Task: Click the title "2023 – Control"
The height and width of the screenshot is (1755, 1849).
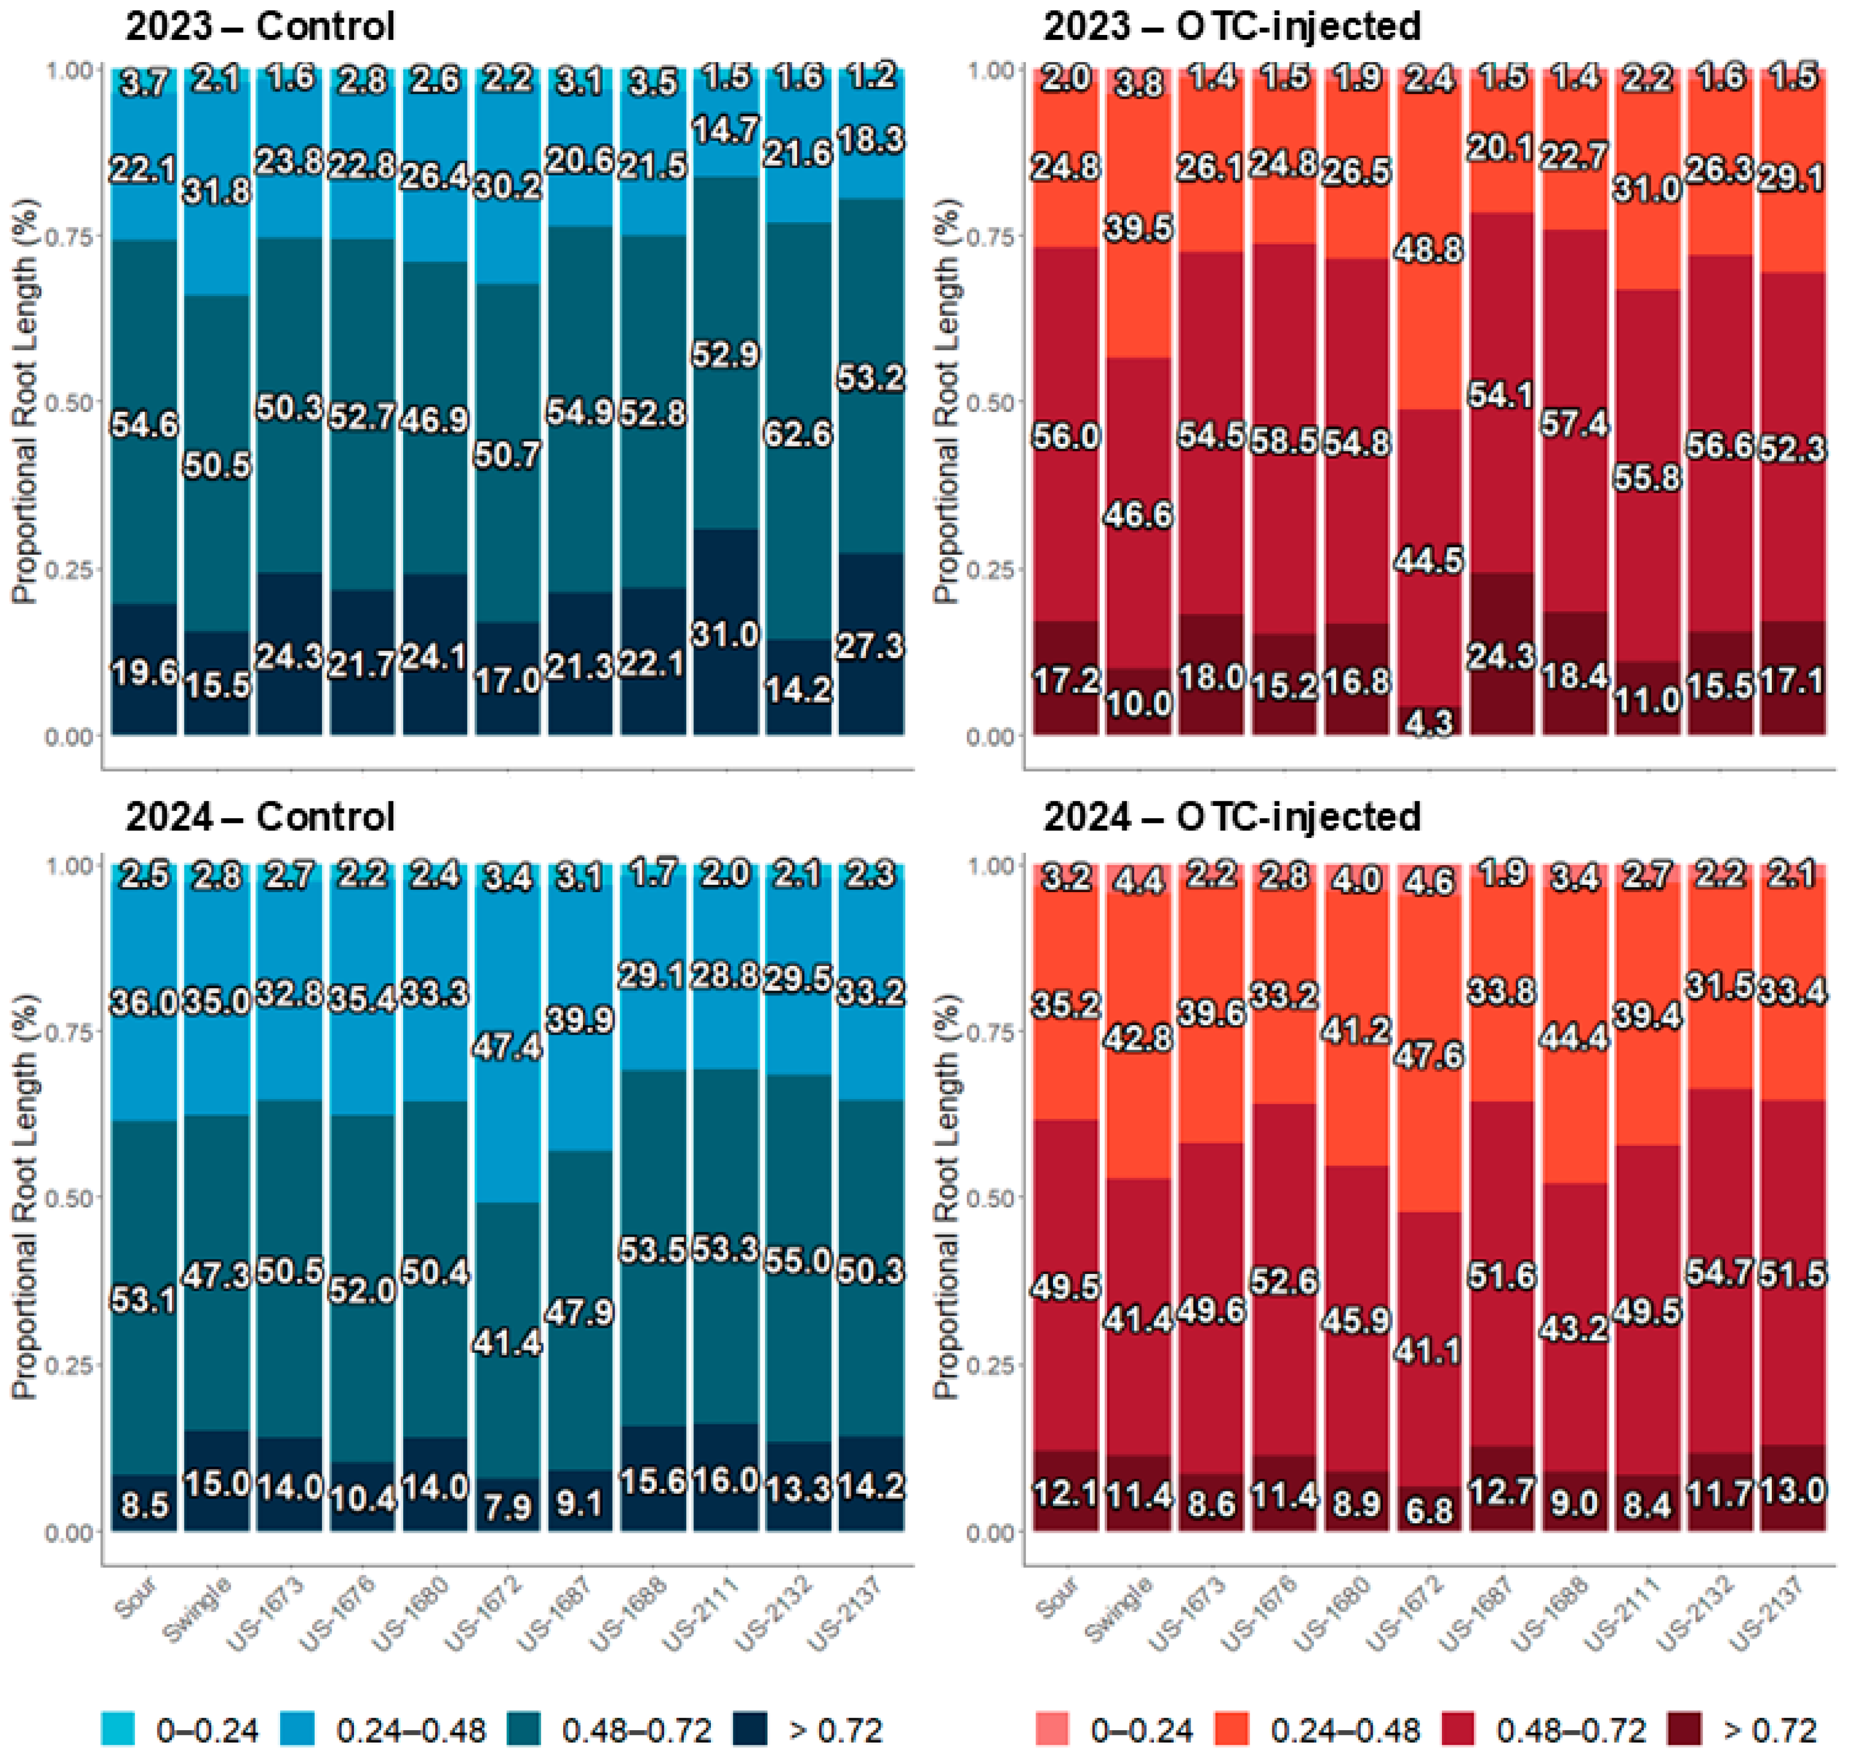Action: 260,26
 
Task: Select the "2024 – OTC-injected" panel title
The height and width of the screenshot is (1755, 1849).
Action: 1232,817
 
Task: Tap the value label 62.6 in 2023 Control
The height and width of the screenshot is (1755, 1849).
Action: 797,434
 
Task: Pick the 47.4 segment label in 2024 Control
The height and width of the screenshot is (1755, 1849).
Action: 506,1046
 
